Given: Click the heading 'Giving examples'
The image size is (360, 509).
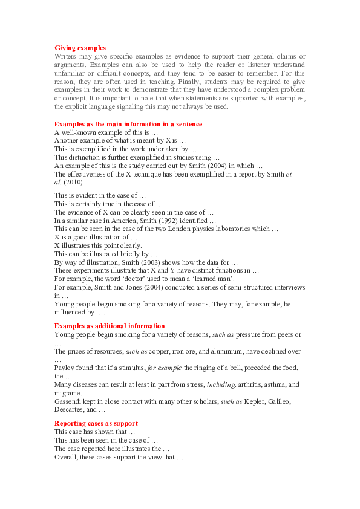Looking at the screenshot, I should pos(80,48).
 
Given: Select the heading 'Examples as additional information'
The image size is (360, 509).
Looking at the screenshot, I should pos(110,326).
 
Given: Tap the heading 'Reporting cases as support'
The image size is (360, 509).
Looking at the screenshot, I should pos(96,423).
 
